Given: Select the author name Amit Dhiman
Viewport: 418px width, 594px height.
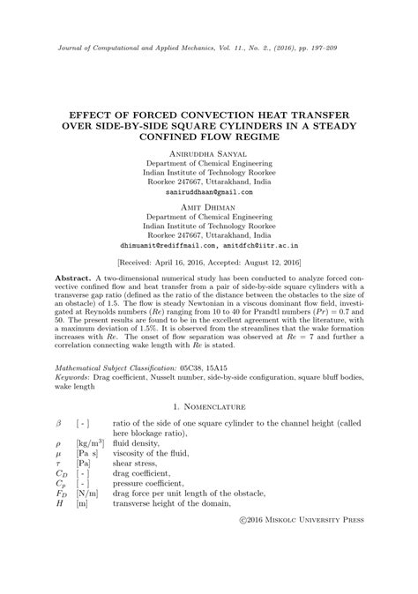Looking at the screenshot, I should (209, 205).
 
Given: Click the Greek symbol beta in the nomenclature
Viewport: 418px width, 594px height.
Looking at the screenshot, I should (58, 425).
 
